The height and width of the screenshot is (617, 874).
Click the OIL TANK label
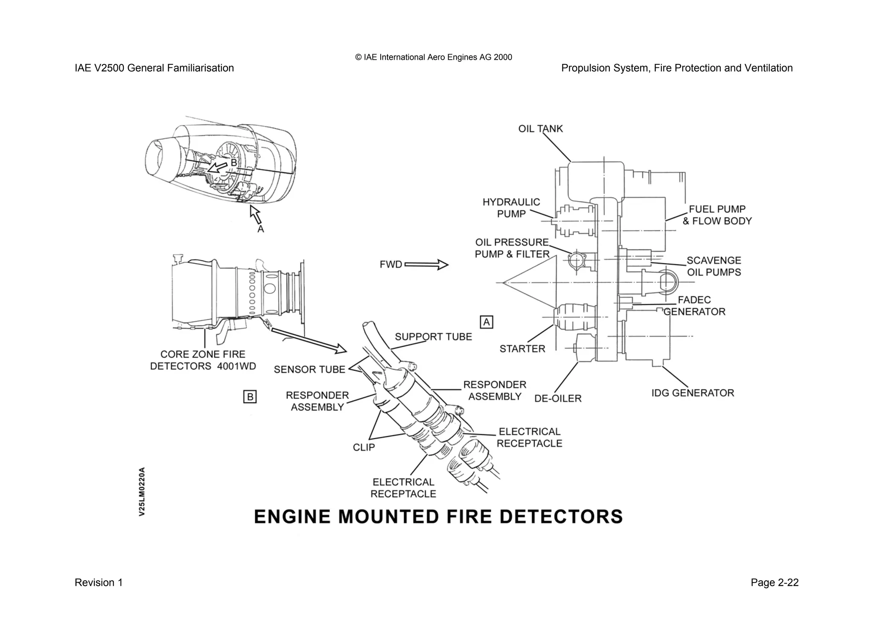pyautogui.click(x=540, y=129)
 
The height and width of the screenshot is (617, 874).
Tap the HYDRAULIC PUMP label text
pyautogui.click(x=511, y=208)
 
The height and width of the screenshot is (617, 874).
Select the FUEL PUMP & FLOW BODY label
pyautogui.click(x=717, y=215)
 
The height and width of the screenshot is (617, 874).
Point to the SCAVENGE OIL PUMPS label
pyautogui.click(x=714, y=266)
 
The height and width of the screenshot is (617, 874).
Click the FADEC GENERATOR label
pyautogui.click(x=694, y=306)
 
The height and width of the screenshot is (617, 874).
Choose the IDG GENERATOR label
pyautogui.click(x=693, y=393)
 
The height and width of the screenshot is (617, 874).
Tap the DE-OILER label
pyautogui.click(x=558, y=399)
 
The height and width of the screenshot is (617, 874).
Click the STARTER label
pyautogui.click(x=522, y=349)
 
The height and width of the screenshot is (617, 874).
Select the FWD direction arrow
pyautogui.click(x=426, y=265)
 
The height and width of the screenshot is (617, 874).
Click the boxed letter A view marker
pyautogui.click(x=487, y=322)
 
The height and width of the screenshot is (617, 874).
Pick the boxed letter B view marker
pyautogui.click(x=250, y=397)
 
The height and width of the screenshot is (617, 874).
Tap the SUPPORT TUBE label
pyautogui.click(x=433, y=337)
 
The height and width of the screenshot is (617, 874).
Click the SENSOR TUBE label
pyautogui.click(x=309, y=370)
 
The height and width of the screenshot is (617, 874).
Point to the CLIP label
pyautogui.click(x=364, y=448)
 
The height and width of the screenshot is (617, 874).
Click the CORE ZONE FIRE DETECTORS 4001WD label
pyautogui.click(x=203, y=360)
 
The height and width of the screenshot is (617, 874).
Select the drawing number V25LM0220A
pyautogui.click(x=142, y=492)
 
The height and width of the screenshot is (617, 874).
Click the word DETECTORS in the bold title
pyautogui.click(x=561, y=517)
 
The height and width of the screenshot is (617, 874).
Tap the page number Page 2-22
pyautogui.click(x=774, y=583)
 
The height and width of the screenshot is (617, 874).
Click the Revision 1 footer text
pyautogui.click(x=99, y=583)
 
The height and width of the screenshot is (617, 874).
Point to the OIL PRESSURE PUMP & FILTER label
pyautogui.click(x=512, y=249)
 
